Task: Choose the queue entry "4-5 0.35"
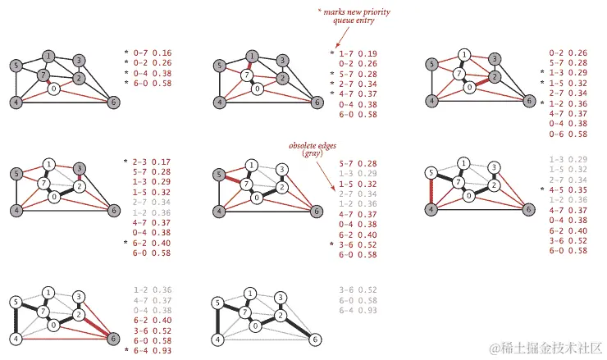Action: (x=567, y=189)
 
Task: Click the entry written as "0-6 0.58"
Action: (x=567, y=134)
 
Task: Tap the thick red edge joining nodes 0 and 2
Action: (x=474, y=83)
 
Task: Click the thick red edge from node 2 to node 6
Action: (x=97, y=324)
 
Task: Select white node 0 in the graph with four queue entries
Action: (x=55, y=89)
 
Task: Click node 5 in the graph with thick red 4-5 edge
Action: (x=431, y=172)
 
